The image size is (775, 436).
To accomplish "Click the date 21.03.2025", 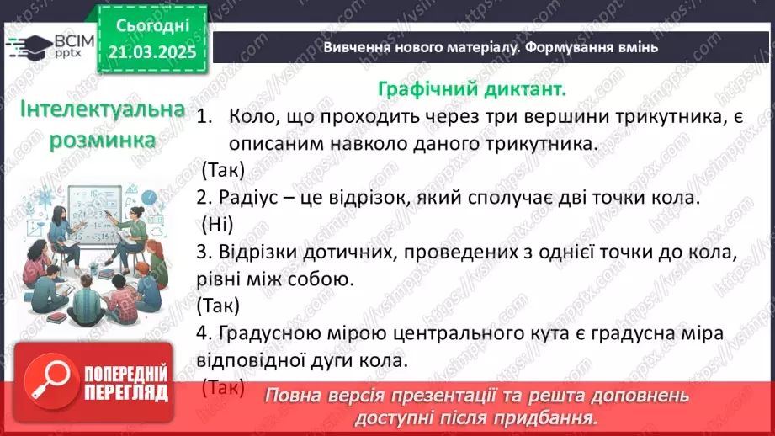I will coord(151,53).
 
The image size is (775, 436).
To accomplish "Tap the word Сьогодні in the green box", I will coord(151,25).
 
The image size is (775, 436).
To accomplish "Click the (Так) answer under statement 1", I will coord(223,170).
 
